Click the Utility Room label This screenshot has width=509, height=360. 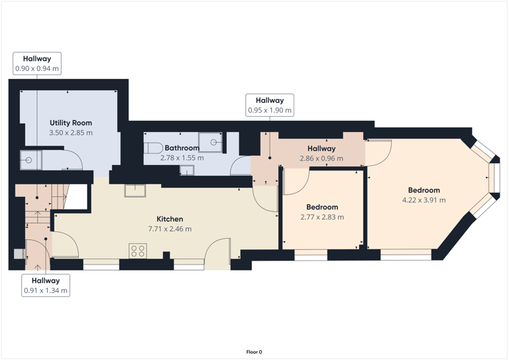click(71, 123)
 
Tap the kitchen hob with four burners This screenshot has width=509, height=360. click(138, 251)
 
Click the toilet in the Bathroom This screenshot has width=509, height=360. click(153, 147)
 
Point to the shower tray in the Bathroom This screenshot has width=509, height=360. click(213, 141)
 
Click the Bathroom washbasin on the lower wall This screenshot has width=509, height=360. click(188, 170)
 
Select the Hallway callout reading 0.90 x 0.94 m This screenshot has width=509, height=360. click(37, 64)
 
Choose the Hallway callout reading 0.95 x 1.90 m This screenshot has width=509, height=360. click(270, 105)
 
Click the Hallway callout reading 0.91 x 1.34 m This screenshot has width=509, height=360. click(46, 285)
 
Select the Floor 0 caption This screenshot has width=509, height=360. click(254, 352)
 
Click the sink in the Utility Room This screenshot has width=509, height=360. click(30, 159)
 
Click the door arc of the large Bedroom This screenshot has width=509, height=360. click(379, 153)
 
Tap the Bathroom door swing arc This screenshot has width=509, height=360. click(239, 165)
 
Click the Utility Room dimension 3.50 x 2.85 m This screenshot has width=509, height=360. click(71, 133)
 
